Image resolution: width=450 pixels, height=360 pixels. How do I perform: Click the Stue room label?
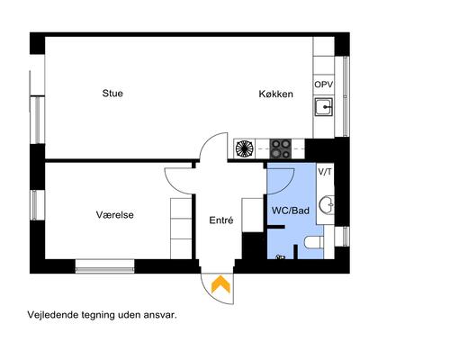(112, 93)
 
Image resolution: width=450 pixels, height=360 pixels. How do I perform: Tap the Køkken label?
(275, 93)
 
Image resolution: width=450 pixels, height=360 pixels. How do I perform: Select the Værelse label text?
(115, 215)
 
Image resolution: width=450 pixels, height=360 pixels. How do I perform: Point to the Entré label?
(221, 220)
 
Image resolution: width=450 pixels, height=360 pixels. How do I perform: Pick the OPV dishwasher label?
(324, 84)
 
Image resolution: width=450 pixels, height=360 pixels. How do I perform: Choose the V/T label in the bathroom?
(325, 172)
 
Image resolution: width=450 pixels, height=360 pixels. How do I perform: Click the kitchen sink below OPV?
(324, 109)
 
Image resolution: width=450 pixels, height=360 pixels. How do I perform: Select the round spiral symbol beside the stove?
(244, 148)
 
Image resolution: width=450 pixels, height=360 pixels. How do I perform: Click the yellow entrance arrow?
(219, 285)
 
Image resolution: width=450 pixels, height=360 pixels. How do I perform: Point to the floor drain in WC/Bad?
(281, 257)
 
